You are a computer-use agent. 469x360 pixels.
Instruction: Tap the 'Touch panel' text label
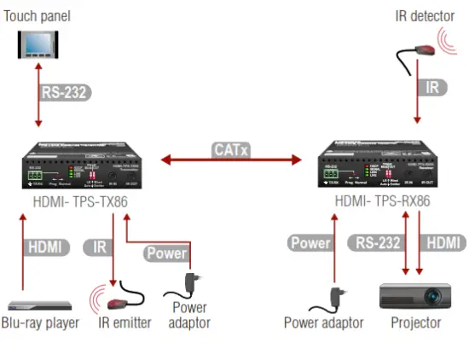tap(37, 14)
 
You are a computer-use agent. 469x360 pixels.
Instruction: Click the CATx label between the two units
tap(232, 151)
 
